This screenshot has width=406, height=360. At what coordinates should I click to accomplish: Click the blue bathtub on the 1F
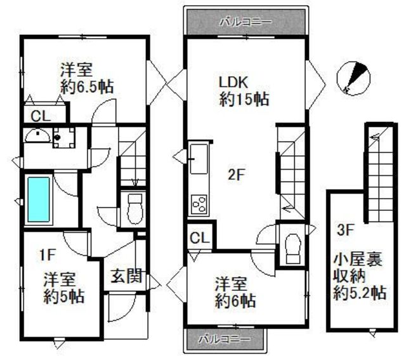pos(39,199)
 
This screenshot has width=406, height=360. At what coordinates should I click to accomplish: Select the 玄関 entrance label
pos(127,276)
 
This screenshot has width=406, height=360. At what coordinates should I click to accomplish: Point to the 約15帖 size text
pos(244,99)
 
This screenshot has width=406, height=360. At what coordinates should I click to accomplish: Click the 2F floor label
pos(236,176)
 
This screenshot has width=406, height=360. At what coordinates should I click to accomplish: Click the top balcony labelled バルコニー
pos(246,22)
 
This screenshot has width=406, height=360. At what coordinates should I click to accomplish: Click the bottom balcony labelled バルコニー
pos(226,338)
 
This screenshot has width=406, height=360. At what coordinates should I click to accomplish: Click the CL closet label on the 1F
pos(39,116)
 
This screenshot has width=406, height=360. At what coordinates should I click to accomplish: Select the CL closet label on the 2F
pos(200,239)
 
